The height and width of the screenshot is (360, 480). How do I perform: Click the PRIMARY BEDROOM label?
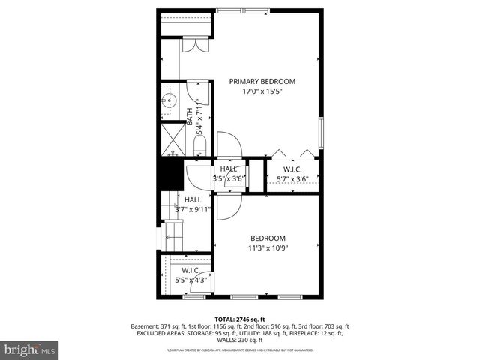coord(262,81)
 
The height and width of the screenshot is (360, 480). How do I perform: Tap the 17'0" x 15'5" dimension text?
coord(262,91)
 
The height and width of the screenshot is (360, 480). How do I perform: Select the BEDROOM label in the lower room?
coord(268,238)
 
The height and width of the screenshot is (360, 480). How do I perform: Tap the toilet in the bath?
coord(200,144)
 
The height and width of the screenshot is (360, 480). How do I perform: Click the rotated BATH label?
coord(190,115)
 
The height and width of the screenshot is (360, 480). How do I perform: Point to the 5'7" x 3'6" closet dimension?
coord(292,179)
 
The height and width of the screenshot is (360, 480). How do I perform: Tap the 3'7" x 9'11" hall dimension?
coord(192,210)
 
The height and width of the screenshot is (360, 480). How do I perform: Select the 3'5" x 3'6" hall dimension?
coord(228,179)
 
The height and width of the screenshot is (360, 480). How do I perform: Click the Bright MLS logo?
coord(30,349)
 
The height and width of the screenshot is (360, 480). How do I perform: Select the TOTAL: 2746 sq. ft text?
coord(240,319)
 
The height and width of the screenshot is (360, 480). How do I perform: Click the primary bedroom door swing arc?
coord(226,142)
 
